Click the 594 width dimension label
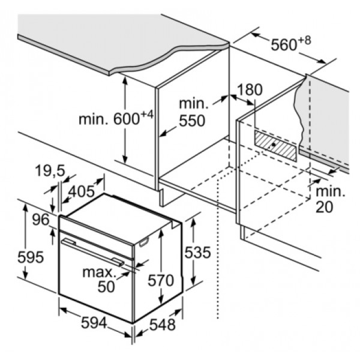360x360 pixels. pos(94,323)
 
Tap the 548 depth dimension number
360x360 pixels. pos(163,325)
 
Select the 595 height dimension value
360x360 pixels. pos(31,257)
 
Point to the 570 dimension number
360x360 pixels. pos(161,280)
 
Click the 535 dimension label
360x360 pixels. pos(197,253)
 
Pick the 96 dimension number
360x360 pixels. pos(41,220)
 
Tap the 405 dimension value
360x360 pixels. pos(82,191)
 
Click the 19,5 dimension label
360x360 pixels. pos(50,171)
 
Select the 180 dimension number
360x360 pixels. pos(250,89)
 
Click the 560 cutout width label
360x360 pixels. pos(284,44)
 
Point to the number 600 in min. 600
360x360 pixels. pos(126,119)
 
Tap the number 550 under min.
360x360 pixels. pos(192,121)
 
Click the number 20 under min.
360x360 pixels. pos(325,206)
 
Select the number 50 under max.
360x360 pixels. pos(106,286)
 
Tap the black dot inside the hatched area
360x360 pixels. pos(274,145)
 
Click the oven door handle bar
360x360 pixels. pos(93,253)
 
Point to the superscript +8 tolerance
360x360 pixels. pos(305,40)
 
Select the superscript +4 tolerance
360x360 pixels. pos(146,114)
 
